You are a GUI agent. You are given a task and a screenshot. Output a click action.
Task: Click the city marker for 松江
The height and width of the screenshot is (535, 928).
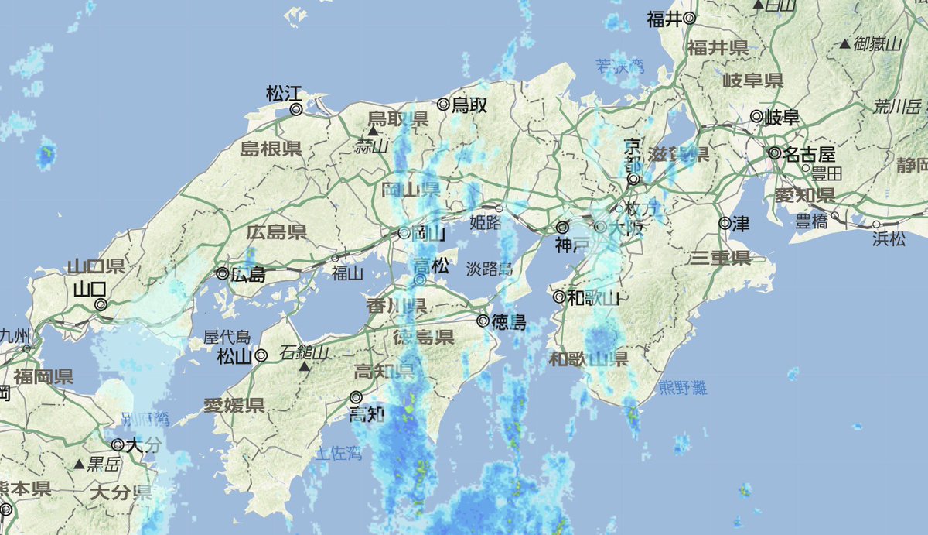[x=295, y=110]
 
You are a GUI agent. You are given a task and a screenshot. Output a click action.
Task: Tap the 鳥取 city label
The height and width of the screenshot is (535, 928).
[x=469, y=104]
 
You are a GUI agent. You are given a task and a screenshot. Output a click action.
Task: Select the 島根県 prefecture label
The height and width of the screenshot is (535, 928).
[x=271, y=149]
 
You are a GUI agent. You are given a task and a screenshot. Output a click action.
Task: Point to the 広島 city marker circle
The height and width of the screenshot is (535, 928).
[x=222, y=273]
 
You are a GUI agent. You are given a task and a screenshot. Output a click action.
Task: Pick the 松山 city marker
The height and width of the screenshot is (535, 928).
[x=261, y=356]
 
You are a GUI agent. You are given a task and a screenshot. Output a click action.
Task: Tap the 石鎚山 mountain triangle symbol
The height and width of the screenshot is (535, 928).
[x=305, y=365]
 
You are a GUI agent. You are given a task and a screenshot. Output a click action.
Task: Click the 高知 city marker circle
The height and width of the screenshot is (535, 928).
[x=357, y=397]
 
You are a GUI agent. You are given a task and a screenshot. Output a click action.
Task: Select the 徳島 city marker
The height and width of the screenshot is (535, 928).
[x=482, y=321]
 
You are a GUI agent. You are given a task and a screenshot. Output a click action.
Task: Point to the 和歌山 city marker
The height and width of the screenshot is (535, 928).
[x=559, y=297]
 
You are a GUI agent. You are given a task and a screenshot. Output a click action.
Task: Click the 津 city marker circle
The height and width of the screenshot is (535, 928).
[x=724, y=224]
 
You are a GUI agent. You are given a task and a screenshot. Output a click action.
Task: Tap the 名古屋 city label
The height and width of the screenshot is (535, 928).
[x=808, y=153]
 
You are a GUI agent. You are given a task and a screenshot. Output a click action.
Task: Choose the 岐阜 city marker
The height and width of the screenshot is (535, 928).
[x=756, y=117]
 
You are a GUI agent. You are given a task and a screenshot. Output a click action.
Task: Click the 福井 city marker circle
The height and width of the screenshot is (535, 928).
[x=689, y=18]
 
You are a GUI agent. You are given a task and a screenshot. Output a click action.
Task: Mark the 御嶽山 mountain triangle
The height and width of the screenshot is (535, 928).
[x=844, y=44]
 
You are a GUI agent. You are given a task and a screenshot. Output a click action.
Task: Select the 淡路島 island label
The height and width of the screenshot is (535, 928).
[x=490, y=269]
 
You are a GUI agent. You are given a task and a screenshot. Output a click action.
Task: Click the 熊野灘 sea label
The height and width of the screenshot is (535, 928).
[x=683, y=388]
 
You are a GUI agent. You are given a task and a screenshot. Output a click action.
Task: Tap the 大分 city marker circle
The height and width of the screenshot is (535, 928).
[x=118, y=445]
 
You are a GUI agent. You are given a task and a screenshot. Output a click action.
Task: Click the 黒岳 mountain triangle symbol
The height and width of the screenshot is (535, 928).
[x=78, y=465]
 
